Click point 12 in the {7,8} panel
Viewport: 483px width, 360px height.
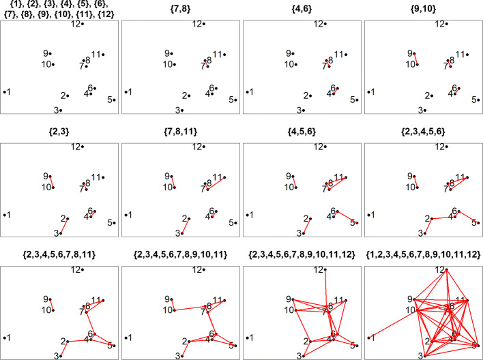point(204,25)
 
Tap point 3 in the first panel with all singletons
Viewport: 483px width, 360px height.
point(60,110)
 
